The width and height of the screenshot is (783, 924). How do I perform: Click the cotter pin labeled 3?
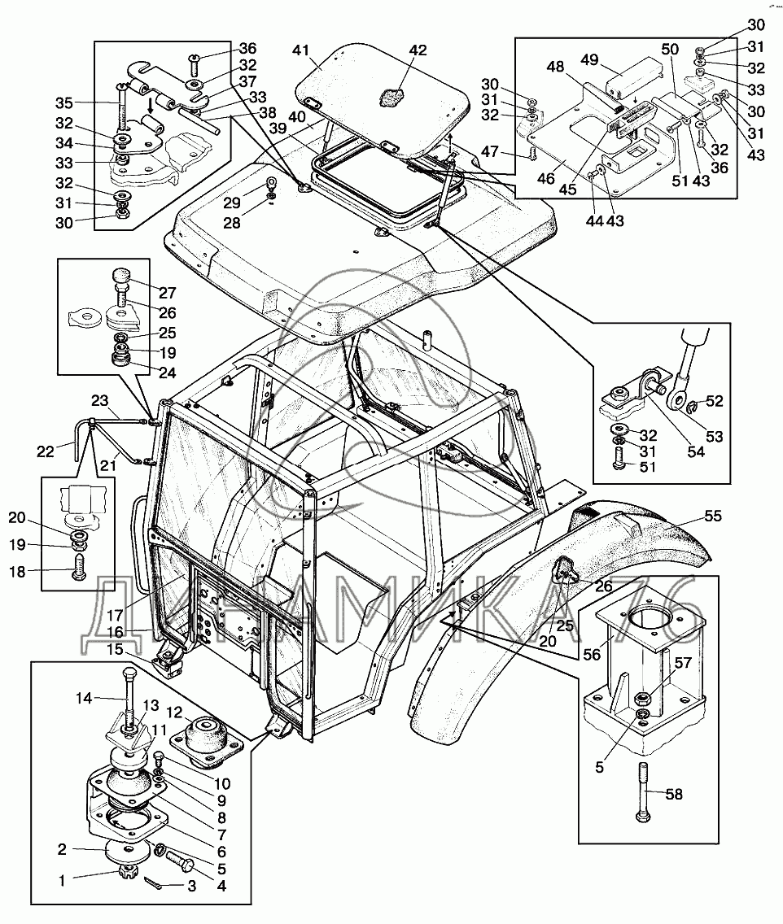pos(153,882)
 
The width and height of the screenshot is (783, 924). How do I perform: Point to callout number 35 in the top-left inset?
pos(64,103)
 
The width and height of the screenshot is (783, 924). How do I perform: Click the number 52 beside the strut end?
pos(714,401)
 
